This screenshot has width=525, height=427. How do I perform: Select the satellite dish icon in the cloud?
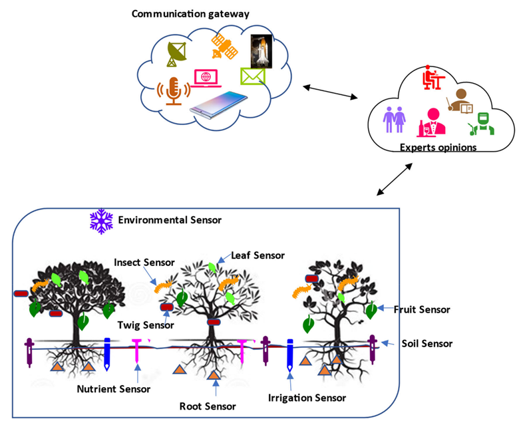(176, 53)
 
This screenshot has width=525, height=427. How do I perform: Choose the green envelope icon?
(253, 76)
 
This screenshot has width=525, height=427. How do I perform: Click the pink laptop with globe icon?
(206, 78)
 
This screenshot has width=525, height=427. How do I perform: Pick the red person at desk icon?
(433, 80)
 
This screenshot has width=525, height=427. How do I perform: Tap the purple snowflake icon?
(100, 221)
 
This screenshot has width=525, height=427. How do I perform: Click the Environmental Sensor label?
(170, 219)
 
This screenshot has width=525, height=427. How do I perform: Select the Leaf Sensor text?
(258, 255)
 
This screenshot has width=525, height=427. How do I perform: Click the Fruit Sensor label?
(422, 309)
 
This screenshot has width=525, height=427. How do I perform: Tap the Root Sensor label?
(208, 405)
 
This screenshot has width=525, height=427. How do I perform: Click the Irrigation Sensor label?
(307, 398)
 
